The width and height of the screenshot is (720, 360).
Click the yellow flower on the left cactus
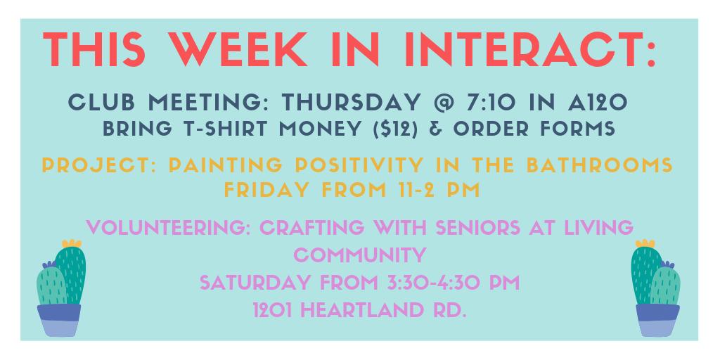72,244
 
